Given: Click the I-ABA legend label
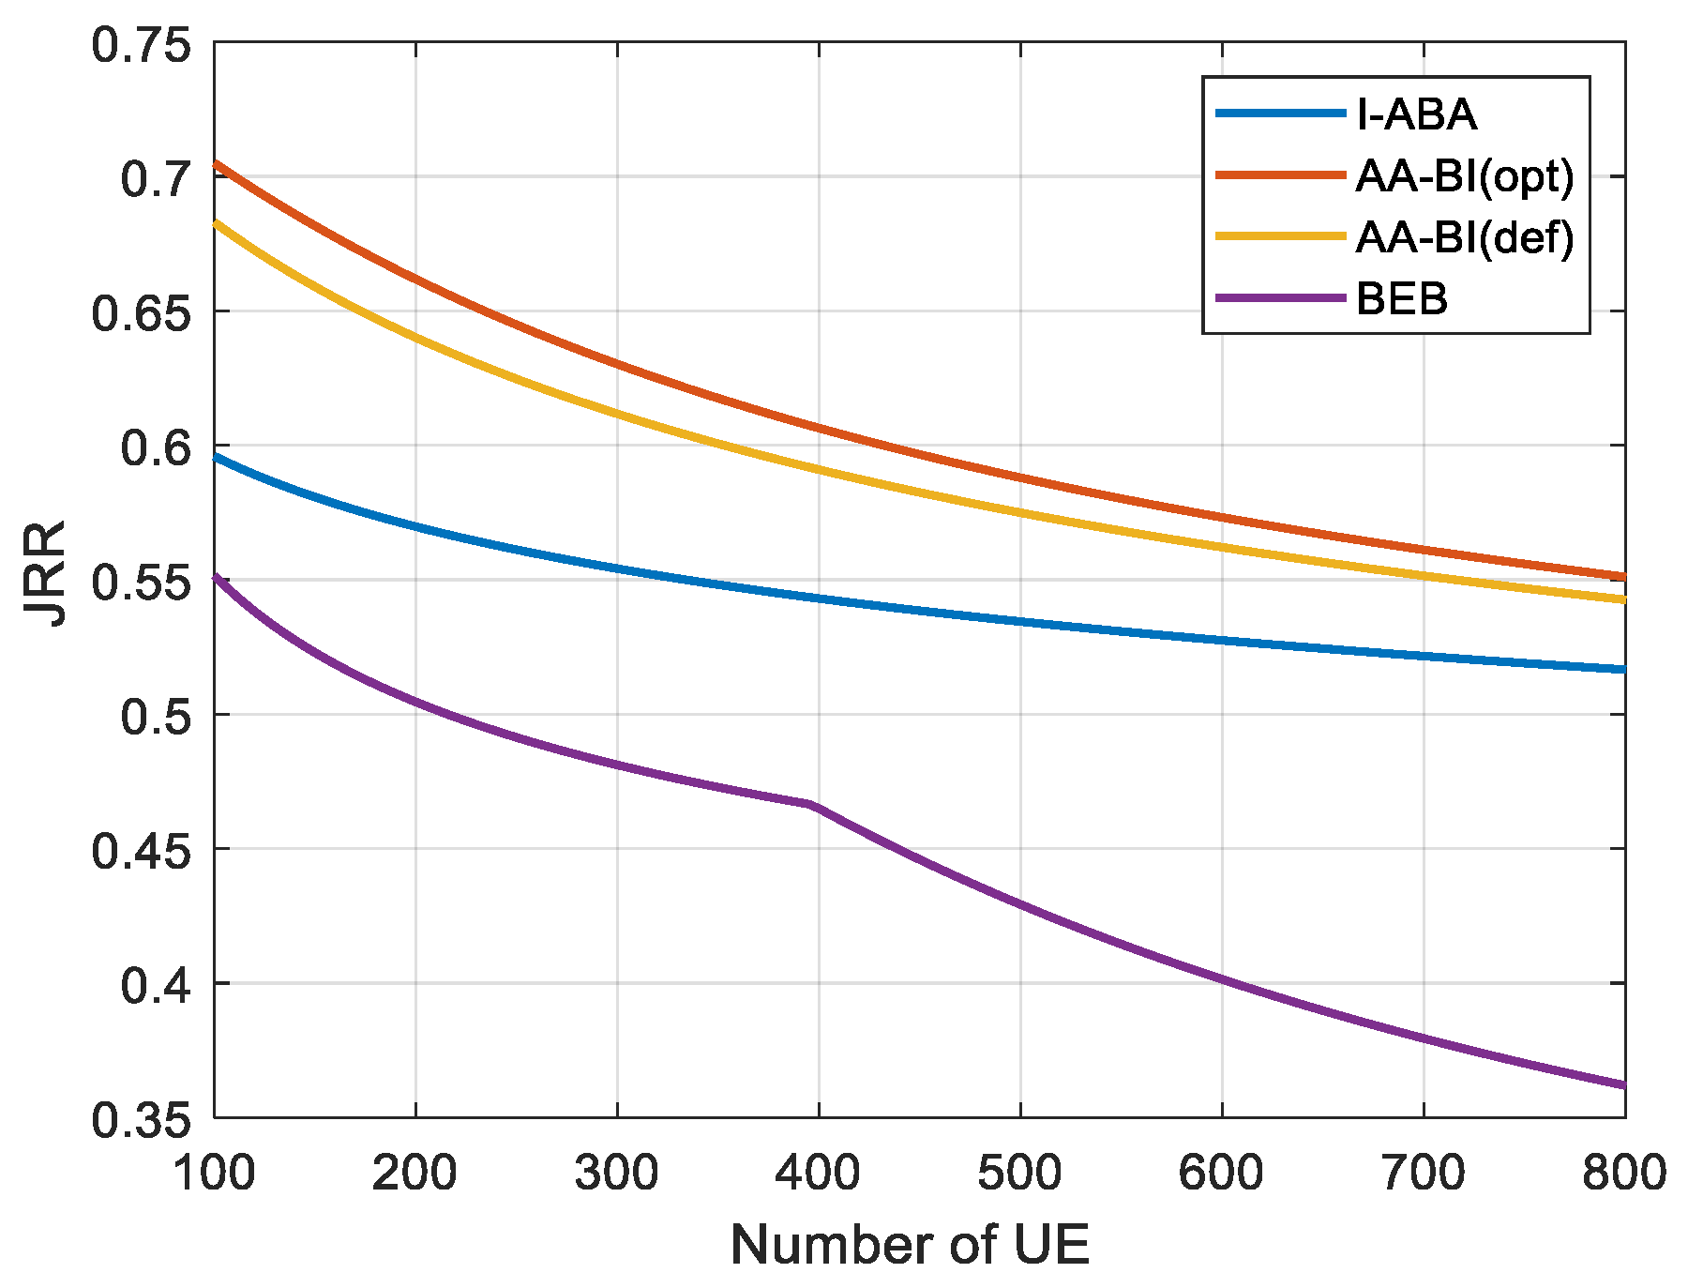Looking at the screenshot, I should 1416,115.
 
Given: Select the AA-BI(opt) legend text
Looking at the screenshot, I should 1464,176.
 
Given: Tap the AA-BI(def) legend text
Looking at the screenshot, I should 1464,237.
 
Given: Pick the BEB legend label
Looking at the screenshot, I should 1402,299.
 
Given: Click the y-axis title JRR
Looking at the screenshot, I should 45,574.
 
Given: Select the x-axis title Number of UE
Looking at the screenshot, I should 909,1246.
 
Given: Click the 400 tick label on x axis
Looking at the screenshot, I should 818,1173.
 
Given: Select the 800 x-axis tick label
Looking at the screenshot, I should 1623,1173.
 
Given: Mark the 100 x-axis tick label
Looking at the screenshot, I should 215,1173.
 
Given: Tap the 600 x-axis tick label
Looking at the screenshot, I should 1221,1173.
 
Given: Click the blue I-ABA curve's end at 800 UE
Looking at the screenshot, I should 1621,669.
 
